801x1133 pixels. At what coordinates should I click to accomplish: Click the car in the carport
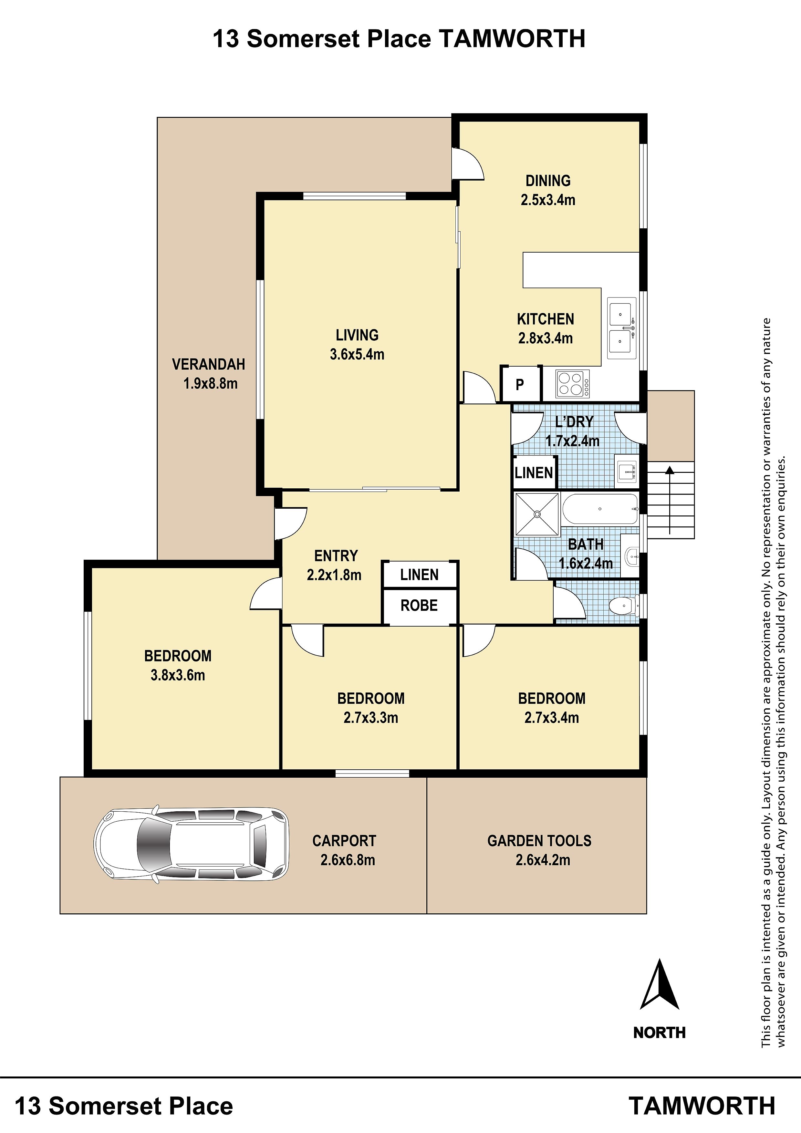point(192,844)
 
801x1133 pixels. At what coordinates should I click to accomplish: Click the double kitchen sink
point(622,328)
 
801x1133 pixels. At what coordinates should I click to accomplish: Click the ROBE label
point(419,606)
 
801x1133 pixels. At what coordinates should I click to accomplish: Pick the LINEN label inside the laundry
point(534,473)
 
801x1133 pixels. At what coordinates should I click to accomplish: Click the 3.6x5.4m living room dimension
point(357,354)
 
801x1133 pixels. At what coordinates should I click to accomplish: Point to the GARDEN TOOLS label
point(539,841)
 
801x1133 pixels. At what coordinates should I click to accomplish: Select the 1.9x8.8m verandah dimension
point(210,383)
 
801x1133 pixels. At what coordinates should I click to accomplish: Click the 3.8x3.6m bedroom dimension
point(178,675)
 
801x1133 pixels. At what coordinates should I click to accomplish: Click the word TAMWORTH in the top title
point(512,38)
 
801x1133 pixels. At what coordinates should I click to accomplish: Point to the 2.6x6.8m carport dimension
point(348,860)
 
